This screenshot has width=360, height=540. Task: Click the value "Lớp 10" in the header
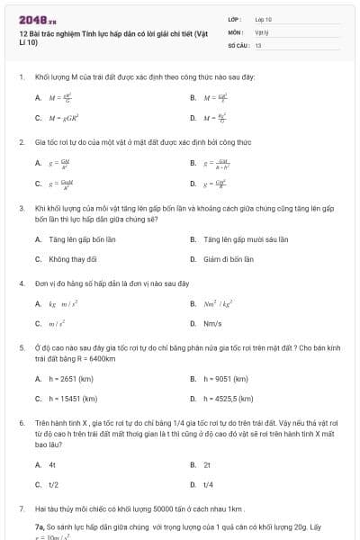[x=263, y=18]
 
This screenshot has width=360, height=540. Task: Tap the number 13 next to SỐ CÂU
[x=258, y=43]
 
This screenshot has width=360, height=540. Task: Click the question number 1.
[x=21, y=77]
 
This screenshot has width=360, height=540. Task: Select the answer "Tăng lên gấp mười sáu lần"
[x=233, y=239]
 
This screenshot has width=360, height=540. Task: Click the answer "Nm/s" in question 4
[x=213, y=324]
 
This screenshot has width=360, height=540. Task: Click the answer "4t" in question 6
[x=52, y=464]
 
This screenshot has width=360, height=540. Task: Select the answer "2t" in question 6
[x=207, y=464]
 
